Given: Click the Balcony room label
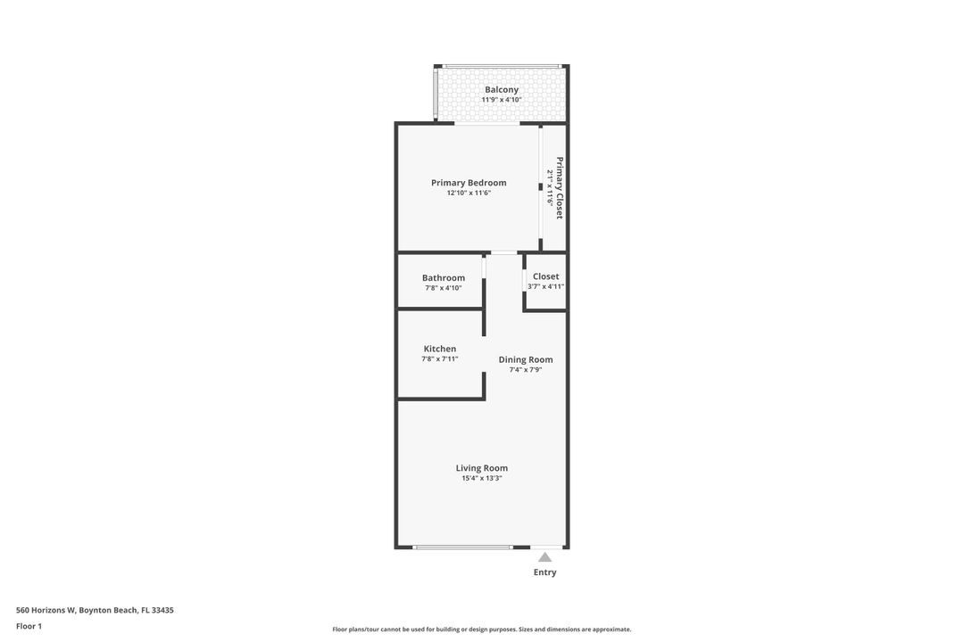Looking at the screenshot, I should [x=502, y=89].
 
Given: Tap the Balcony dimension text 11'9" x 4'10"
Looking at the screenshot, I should [x=502, y=100].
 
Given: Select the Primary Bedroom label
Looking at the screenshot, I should [x=469, y=183].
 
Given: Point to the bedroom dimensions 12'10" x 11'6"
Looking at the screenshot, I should [x=469, y=193].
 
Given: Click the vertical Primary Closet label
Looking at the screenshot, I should [x=560, y=188].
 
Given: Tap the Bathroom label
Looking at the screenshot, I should [x=444, y=277].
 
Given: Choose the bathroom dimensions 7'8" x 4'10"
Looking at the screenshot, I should [x=444, y=288].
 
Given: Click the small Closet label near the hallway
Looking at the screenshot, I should [x=545, y=276].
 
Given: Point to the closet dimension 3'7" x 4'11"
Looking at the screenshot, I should [x=545, y=286].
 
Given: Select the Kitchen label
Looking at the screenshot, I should [x=440, y=349].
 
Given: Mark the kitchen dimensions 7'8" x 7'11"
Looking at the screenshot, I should [x=440, y=358].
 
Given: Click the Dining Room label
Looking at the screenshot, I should [x=526, y=359].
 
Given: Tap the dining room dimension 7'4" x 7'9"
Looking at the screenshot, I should [x=526, y=369].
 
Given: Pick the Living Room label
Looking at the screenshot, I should [x=482, y=468].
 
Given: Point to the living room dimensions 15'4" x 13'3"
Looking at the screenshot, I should [x=482, y=478].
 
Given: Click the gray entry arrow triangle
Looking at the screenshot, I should [x=544, y=557].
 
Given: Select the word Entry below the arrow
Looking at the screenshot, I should [x=544, y=572].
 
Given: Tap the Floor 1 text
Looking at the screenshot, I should [x=29, y=626].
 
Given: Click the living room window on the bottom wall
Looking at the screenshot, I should [x=462, y=547].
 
